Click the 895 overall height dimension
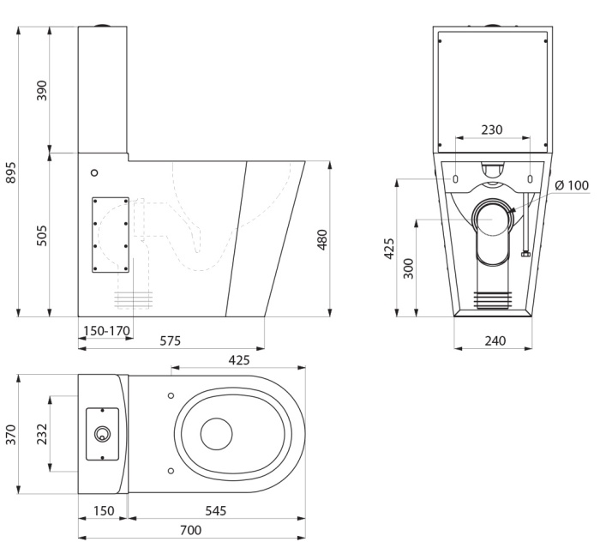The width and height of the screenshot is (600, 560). [11, 172]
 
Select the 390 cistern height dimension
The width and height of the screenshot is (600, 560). [42, 91]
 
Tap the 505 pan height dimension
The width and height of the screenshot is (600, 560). [42, 236]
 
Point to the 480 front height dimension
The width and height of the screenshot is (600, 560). [322, 239]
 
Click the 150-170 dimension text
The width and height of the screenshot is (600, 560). [107, 330]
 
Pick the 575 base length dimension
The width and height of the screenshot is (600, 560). [171, 340]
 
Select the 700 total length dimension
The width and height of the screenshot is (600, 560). [190, 530]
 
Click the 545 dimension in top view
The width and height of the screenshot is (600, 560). [216, 510]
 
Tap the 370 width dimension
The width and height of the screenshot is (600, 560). [11, 435]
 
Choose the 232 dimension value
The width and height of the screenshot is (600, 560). [42, 434]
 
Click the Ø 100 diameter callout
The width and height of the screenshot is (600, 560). [572, 185]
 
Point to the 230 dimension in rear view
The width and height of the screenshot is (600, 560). [492, 129]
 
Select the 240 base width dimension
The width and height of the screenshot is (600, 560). [495, 340]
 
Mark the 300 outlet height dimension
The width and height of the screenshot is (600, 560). [409, 268]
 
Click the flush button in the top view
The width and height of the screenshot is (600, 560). [102, 434]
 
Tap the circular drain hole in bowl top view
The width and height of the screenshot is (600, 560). [216, 434]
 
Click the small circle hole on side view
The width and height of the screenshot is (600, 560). [94, 172]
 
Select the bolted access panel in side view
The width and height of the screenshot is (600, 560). [111, 235]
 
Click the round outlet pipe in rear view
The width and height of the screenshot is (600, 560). [492, 218]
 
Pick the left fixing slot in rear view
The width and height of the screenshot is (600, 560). [455, 178]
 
